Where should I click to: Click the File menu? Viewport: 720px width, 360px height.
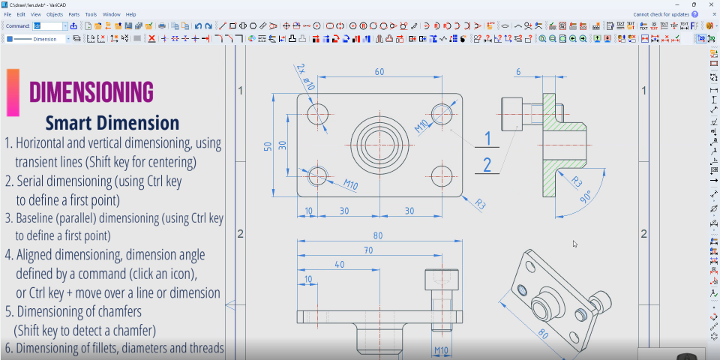(7, 14)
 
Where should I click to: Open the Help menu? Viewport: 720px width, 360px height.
(130, 14)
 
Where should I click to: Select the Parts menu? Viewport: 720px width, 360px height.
(73, 14)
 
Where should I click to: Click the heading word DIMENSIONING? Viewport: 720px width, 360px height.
(91, 91)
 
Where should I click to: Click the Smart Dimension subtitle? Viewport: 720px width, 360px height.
(112, 123)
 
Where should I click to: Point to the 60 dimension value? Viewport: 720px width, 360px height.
(379, 72)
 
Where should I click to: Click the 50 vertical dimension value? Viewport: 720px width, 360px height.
(268, 145)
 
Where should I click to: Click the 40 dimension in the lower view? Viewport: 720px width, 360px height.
(340, 265)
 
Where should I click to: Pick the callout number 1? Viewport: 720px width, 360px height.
(487, 139)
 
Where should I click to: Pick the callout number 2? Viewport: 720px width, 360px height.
(487, 165)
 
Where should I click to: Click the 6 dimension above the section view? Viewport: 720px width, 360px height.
(517, 72)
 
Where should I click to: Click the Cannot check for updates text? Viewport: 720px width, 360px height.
(661, 14)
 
